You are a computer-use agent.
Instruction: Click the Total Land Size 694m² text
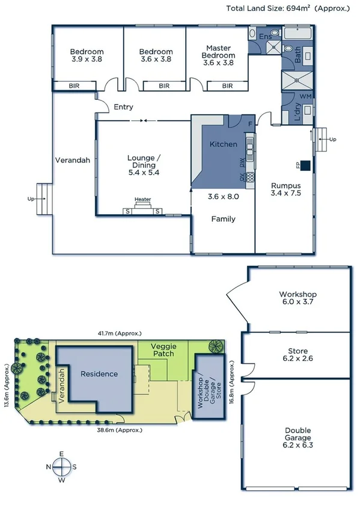click(x=287, y=8)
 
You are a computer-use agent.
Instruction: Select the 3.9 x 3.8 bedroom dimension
click(x=87, y=60)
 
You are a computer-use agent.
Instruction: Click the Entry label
click(x=123, y=107)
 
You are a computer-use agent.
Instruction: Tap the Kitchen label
click(x=223, y=144)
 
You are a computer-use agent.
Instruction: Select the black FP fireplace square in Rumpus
click(x=305, y=165)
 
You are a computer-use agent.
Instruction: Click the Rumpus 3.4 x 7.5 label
click(x=285, y=189)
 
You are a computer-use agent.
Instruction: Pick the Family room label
click(x=223, y=219)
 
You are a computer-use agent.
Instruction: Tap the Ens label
click(x=265, y=37)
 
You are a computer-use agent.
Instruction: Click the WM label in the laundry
click(x=305, y=96)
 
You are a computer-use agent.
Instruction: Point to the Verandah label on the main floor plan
click(x=73, y=160)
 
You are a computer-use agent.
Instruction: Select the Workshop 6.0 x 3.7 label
click(x=297, y=298)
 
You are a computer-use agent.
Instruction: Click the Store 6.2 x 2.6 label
click(x=297, y=355)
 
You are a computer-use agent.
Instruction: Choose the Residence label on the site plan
click(x=99, y=373)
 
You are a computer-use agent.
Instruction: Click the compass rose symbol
click(x=61, y=466)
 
